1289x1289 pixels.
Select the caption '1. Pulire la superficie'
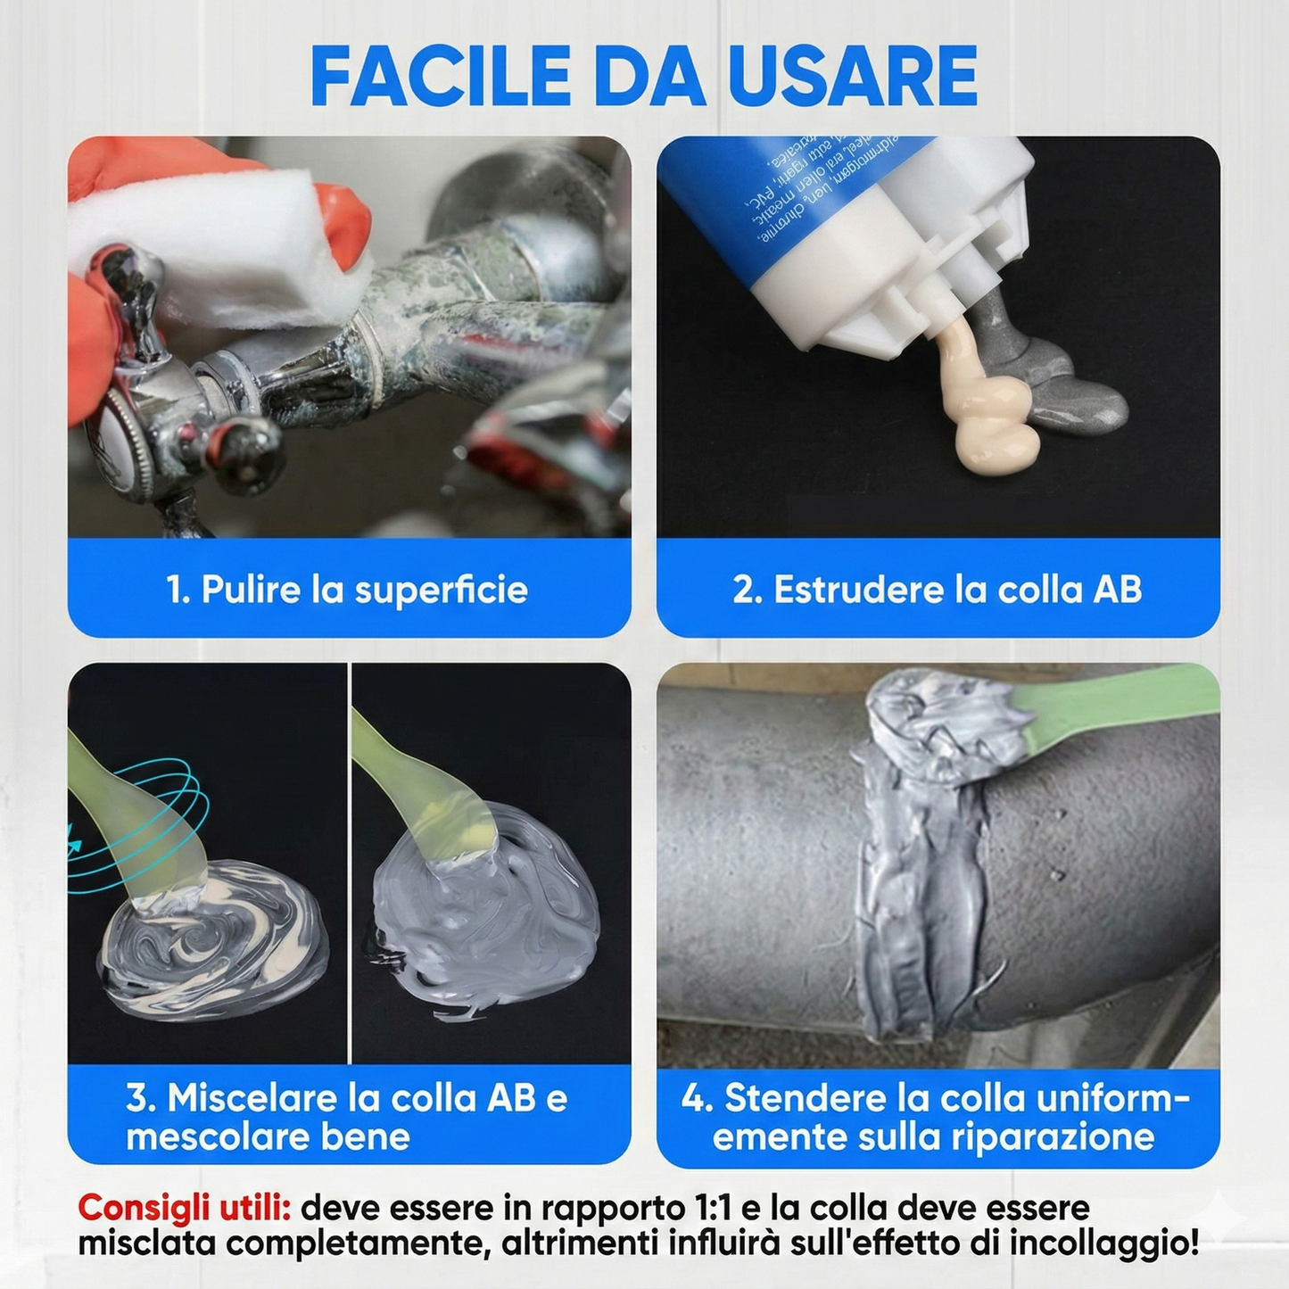pyautogui.click(x=347, y=590)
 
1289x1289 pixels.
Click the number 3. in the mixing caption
pyautogui.click(x=141, y=1098)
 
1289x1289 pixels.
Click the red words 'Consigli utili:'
pyautogui.click(x=184, y=1209)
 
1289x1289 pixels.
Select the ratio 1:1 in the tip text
pyautogui.click(x=711, y=1209)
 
